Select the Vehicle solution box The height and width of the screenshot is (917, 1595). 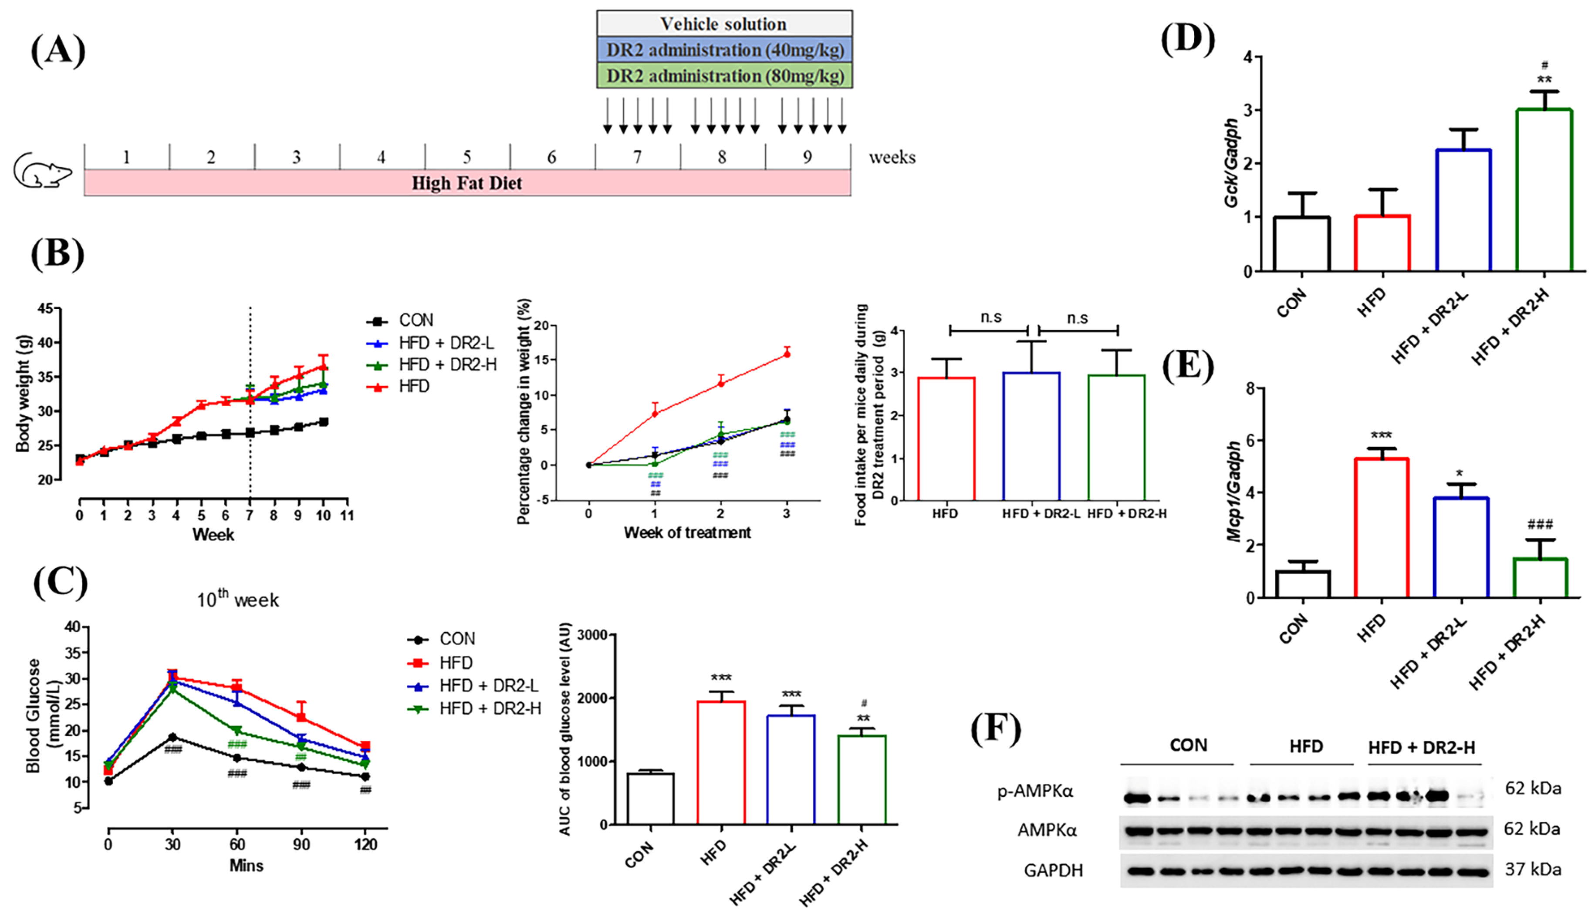coord(724,24)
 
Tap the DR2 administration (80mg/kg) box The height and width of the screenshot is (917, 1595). coord(724,76)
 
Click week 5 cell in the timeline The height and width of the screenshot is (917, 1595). coord(467,157)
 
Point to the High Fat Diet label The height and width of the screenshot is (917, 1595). coord(467,183)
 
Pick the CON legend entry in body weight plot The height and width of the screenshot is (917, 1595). coord(416,320)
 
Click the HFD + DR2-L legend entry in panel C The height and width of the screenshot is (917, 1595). coord(488,685)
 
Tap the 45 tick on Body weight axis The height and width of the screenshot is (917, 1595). coord(45,309)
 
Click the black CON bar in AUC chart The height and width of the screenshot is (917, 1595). coord(651,799)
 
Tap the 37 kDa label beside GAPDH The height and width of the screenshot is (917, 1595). coord(1533,870)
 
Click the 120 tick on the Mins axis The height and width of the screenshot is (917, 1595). coord(365,844)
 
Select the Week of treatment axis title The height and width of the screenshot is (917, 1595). coord(687,533)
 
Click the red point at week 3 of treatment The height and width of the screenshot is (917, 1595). coord(787,354)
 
